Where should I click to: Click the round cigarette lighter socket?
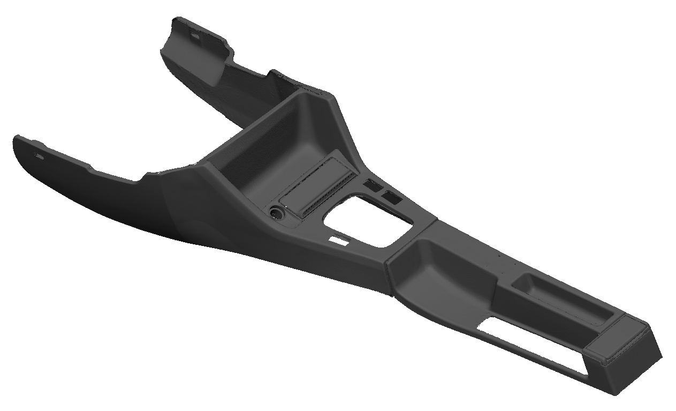(x=277, y=213)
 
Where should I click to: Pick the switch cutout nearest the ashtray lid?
(x=371, y=185)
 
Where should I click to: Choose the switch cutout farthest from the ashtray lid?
(x=391, y=197)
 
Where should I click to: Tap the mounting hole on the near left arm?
(x=39, y=156)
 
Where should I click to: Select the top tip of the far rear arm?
(x=177, y=21)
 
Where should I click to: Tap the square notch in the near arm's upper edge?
(x=146, y=176)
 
